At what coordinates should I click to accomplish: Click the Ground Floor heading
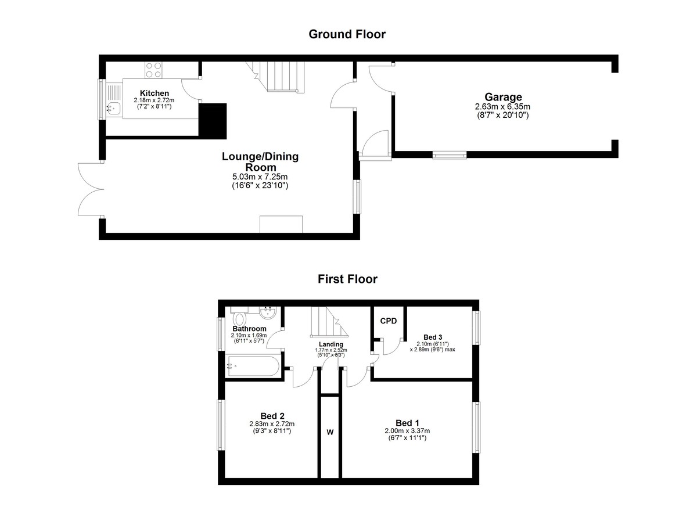pyautogui.click(x=347, y=34)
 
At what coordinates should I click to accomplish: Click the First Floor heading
pyautogui.click(x=347, y=279)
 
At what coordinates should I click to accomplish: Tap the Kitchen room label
pyautogui.click(x=155, y=93)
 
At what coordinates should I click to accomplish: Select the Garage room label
pyautogui.click(x=503, y=97)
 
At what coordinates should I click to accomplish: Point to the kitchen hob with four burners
pyautogui.click(x=154, y=70)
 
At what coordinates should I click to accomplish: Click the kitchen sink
pyautogui.click(x=114, y=108)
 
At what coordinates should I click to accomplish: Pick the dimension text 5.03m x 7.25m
pyautogui.click(x=260, y=177)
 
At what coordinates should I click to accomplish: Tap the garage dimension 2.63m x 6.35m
pyautogui.click(x=502, y=107)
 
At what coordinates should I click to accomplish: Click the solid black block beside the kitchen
pyautogui.click(x=213, y=121)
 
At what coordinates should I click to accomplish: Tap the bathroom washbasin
pyautogui.click(x=268, y=312)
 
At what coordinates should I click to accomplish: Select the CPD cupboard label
pyautogui.click(x=389, y=321)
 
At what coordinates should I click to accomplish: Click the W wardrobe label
pyautogui.click(x=330, y=432)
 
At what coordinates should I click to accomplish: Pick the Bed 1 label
pyautogui.click(x=407, y=423)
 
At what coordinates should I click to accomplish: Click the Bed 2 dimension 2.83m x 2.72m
pyautogui.click(x=272, y=424)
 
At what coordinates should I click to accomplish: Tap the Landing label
pyautogui.click(x=331, y=344)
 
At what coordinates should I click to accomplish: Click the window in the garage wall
pyautogui.click(x=450, y=154)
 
